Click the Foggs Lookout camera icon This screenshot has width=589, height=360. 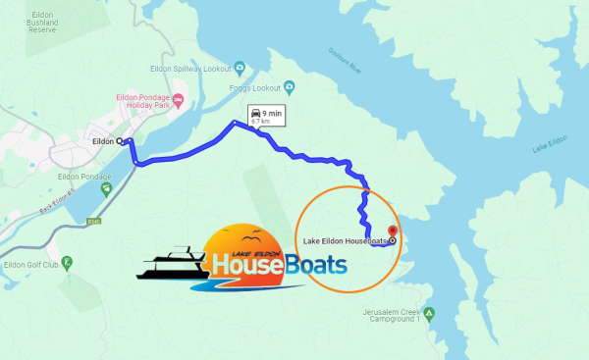[x=292, y=81]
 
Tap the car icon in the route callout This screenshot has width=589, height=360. [x=255, y=115]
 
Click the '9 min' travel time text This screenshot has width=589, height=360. [x=272, y=114]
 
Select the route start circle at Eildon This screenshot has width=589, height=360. [x=121, y=141]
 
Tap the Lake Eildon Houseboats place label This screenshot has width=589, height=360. [x=345, y=239]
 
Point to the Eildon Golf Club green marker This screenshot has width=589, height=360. [x=67, y=262]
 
